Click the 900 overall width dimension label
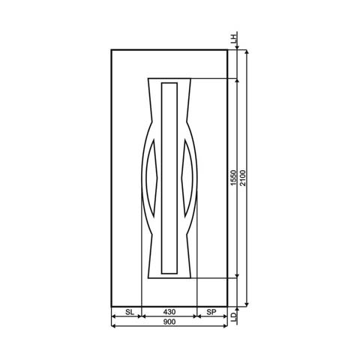[169, 322]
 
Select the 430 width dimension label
[169, 310]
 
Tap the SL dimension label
[129, 310]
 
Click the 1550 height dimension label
[234, 178]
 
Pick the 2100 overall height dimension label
[243, 178]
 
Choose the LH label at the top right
[234, 36]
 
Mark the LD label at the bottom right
[234, 318]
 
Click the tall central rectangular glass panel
[169, 178]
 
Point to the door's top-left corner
[111, 49]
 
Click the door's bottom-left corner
[111, 307]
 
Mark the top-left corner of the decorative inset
[148, 78]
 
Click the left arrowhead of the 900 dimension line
[113, 316]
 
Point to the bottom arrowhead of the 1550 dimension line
[238, 275]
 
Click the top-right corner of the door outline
[227, 49]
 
